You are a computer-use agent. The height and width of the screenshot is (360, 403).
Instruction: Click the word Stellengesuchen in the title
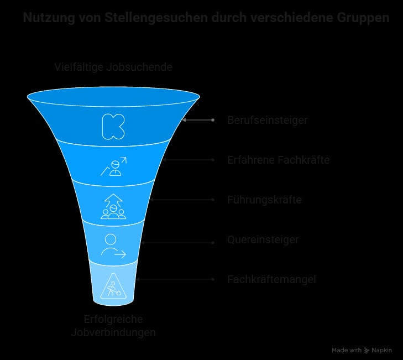156,18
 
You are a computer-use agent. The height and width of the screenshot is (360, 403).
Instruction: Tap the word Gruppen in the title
363,18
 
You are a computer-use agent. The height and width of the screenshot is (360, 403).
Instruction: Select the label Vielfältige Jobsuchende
113,67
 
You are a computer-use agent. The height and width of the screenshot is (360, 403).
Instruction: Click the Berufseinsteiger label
268,120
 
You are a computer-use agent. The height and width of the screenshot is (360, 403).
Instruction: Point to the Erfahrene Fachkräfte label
279,160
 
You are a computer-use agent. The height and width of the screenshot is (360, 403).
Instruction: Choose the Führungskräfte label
264,200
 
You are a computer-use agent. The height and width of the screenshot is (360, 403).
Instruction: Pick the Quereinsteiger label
263,239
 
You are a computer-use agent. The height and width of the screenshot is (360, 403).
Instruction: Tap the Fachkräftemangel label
271,279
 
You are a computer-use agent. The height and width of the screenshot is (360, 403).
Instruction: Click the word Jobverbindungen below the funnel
113,332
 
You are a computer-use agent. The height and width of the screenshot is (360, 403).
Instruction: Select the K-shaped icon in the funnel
113,127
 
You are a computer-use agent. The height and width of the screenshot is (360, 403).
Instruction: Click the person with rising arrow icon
113,166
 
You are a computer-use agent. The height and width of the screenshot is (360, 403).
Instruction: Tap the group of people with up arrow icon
113,206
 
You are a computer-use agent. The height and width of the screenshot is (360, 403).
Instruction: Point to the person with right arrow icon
113,246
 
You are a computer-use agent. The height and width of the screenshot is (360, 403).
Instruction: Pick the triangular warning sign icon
113,286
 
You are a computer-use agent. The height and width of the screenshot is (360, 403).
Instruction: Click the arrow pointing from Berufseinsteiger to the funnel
198,120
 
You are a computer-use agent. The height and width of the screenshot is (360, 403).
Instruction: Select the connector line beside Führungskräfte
182,200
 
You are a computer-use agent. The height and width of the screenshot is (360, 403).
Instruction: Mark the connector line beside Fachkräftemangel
175,279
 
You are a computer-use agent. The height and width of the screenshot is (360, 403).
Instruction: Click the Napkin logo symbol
367,350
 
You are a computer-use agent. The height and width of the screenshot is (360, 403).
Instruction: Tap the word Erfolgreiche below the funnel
113,320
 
